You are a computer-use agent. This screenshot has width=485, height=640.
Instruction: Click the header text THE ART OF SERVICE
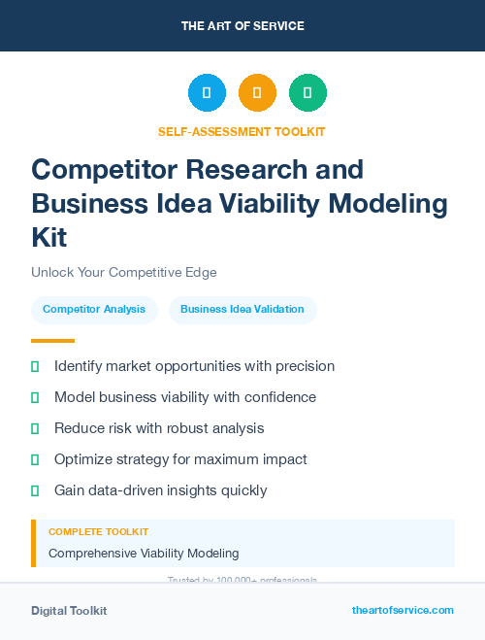242,26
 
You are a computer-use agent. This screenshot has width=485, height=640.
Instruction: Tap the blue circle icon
207,93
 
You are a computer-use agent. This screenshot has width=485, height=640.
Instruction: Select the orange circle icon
257,93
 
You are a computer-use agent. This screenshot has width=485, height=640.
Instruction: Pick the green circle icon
307,93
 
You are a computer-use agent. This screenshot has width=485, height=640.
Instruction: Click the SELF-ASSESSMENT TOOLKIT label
242,131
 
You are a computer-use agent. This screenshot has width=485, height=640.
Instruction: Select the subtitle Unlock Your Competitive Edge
124,272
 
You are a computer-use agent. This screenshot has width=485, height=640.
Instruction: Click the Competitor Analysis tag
94,310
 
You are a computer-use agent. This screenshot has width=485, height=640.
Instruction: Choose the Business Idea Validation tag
242,310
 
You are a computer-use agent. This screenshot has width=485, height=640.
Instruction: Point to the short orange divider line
52,341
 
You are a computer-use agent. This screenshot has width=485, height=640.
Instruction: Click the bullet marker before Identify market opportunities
35,367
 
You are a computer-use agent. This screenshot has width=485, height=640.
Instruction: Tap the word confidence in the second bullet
279,397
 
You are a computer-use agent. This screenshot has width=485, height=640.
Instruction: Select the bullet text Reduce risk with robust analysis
159,428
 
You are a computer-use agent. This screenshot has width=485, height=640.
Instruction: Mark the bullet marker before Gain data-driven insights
35,490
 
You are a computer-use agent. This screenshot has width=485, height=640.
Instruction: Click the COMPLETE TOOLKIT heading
99,532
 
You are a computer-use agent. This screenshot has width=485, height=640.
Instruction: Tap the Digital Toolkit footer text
69,611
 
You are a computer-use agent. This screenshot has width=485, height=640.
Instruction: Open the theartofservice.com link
403,610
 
